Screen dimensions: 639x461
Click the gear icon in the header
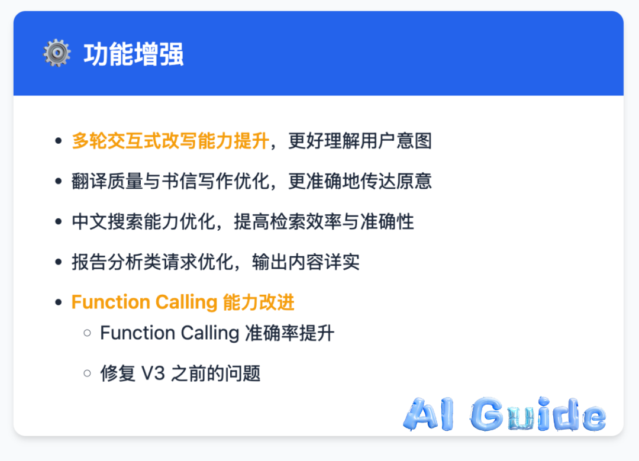pos(57,53)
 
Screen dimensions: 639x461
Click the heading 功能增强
pos(134,54)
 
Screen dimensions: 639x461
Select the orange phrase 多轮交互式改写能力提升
pos(170,141)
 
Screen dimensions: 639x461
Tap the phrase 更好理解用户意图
pos(360,141)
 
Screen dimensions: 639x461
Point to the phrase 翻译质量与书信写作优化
pos(170,182)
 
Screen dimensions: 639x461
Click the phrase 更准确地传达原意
pos(360,182)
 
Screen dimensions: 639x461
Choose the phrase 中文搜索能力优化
pos(143,222)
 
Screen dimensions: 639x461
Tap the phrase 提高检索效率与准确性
pos(324,222)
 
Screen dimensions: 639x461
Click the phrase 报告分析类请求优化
pos(153,262)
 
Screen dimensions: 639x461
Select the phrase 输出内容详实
pos(306,262)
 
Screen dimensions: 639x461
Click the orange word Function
pos(111,302)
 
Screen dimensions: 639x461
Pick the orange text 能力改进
pos(259,302)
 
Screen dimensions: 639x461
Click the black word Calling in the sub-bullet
pos(210,333)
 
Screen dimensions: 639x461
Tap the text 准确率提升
pos(290,333)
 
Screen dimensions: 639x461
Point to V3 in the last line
pos(153,373)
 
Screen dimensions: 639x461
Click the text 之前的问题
pos(215,373)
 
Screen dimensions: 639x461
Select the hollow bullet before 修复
pos(87,373)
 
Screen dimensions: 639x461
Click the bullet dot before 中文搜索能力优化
pos(58,222)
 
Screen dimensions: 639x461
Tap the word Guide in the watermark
pos(538,414)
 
